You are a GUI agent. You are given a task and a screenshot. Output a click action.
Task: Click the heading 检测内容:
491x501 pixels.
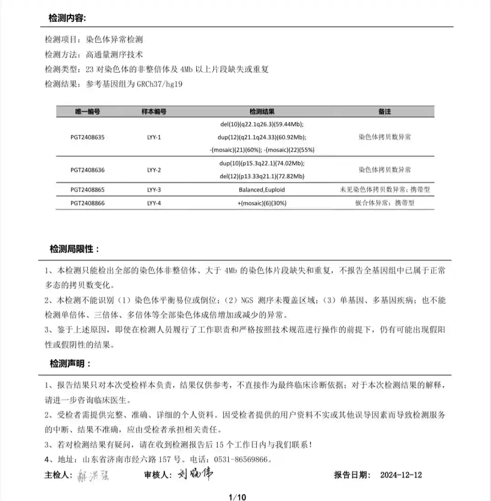pyautogui.click(x=67, y=18)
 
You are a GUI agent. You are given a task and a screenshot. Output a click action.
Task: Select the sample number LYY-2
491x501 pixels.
pyautogui.click(x=154, y=170)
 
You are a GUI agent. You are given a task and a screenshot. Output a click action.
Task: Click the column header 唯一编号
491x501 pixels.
pyautogui.click(x=87, y=111)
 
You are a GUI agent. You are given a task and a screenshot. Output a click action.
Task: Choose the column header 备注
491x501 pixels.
pyautogui.click(x=384, y=111)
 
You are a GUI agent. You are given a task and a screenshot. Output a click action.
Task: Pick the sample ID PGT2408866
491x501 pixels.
pyautogui.click(x=88, y=203)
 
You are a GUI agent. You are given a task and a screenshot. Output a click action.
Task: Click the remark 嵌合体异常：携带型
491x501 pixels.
pyautogui.click(x=385, y=203)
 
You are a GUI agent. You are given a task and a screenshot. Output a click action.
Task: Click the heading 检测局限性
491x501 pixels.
pyautogui.click(x=74, y=249)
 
